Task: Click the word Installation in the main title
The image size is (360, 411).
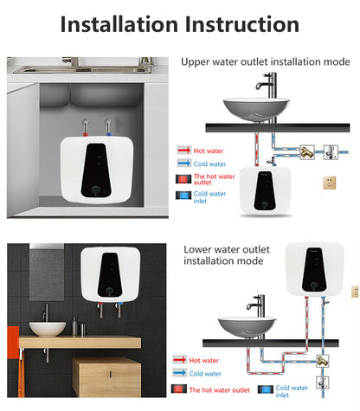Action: click(124, 24)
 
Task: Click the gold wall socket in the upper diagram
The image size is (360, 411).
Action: click(330, 183)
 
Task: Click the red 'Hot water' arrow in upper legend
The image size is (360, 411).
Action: click(184, 150)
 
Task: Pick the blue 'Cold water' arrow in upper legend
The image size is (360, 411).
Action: click(184, 164)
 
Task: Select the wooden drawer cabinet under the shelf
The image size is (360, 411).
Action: click(108, 378)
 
